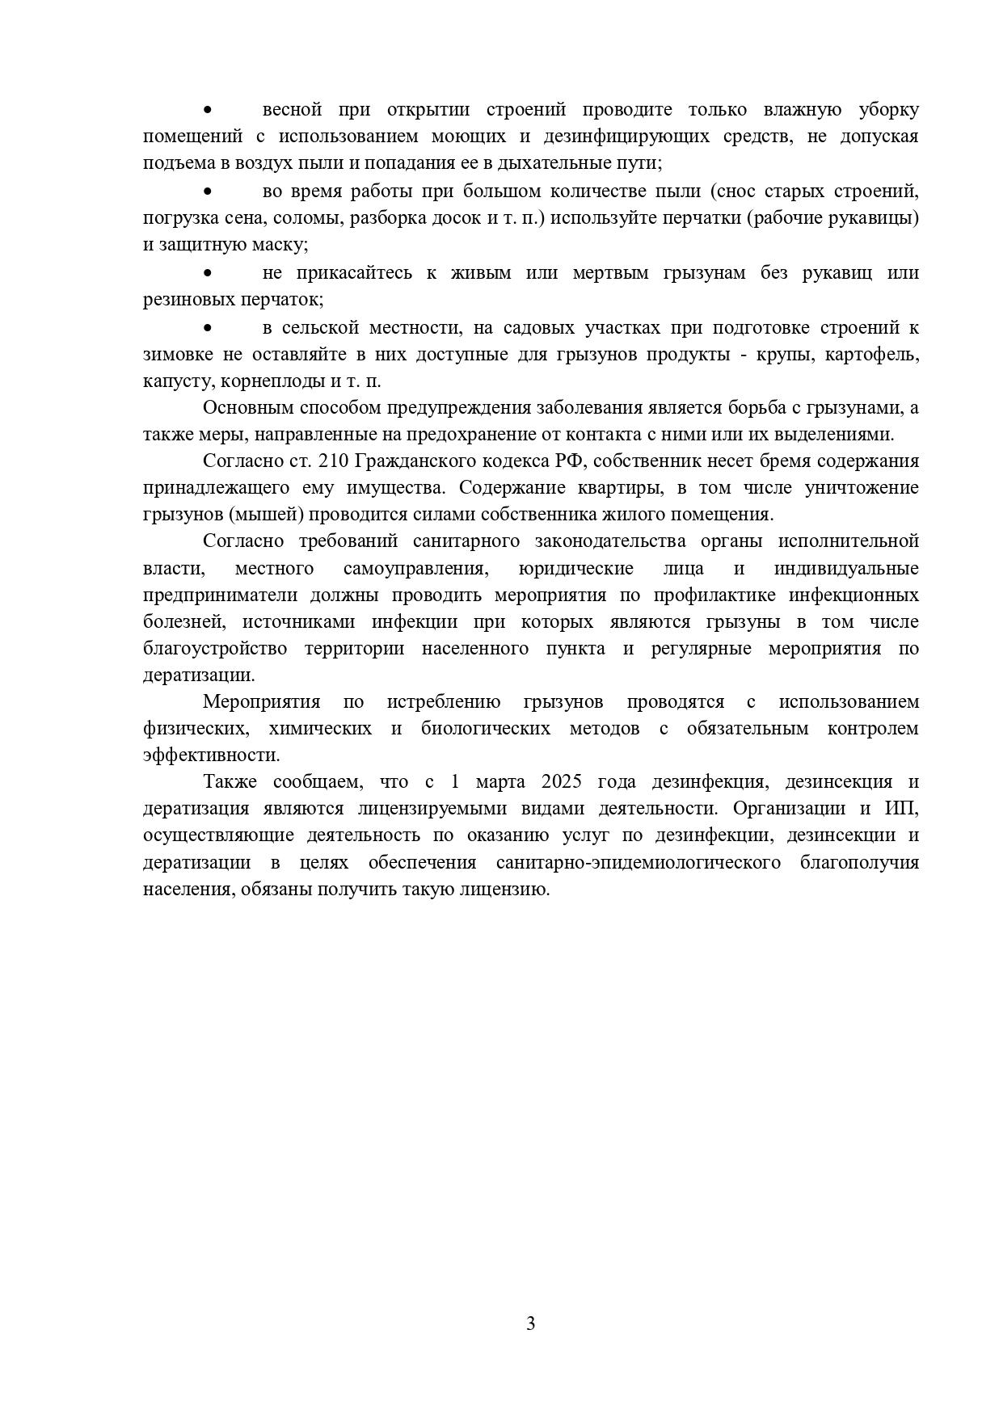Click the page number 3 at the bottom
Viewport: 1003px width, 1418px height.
[x=530, y=1323]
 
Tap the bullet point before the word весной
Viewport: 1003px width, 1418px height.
[x=208, y=110]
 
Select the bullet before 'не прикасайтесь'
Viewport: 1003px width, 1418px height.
[x=208, y=273]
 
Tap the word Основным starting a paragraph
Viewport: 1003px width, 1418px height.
[x=240, y=408]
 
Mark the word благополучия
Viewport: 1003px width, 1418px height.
[x=859, y=863]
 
